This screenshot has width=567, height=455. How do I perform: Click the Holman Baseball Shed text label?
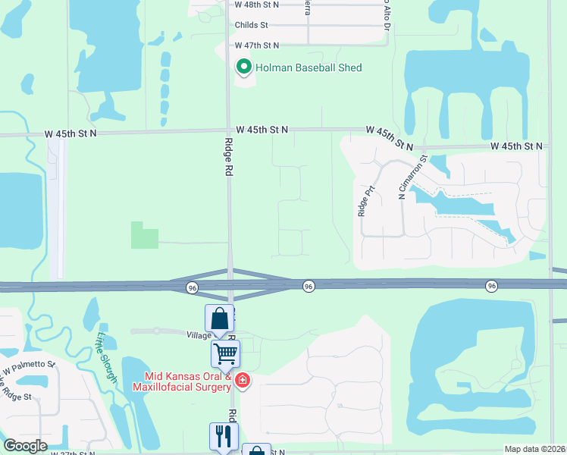point(309,68)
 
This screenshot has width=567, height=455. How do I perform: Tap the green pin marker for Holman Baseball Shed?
point(244,67)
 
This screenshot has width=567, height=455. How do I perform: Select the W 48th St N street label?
point(257,5)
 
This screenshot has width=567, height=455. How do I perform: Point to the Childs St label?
point(252,25)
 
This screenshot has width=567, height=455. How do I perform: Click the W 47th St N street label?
point(257,46)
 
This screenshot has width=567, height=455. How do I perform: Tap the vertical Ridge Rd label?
point(227,157)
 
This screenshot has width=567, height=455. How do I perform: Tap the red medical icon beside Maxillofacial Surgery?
point(243,380)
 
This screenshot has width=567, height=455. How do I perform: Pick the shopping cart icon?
point(225,353)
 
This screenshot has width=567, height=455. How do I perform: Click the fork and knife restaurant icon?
point(223,435)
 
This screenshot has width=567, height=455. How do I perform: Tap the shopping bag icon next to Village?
point(219,318)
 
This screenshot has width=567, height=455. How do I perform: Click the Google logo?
point(25,446)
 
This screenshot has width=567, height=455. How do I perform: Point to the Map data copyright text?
point(534,449)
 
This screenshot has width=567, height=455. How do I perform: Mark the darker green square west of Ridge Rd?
point(144,235)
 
